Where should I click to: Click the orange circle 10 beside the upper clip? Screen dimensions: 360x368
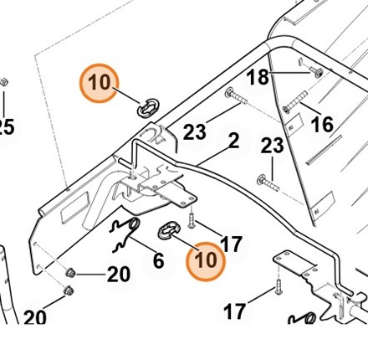tap(100, 83)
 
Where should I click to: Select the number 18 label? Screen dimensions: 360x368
tap(258, 78)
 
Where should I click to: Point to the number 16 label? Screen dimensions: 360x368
tap(322, 125)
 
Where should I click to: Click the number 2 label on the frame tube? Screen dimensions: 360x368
tap(233, 141)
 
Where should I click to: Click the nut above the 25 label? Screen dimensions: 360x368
tap(4, 84)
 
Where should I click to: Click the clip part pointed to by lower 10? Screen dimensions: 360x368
tap(170, 228)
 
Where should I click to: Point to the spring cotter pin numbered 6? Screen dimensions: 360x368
tap(125, 233)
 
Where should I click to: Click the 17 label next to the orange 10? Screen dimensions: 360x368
tap(231, 244)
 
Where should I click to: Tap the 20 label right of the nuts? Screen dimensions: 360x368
tap(118, 275)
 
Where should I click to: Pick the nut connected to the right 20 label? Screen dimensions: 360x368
tap(72, 273)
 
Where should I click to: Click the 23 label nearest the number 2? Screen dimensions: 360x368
tap(195, 131)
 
